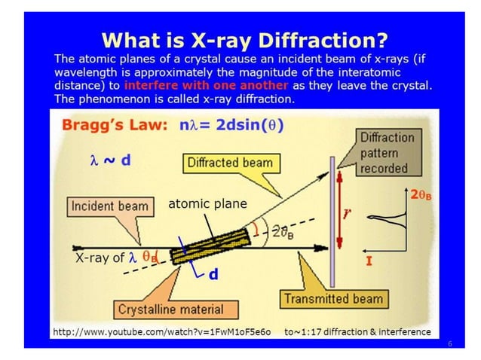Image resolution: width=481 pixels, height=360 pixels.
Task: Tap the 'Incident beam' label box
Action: tap(109, 206)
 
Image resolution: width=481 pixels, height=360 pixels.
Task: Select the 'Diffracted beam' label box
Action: tap(229, 163)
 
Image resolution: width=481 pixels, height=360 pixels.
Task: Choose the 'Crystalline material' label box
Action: tap(170, 309)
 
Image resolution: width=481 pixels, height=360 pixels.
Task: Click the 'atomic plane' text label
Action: tap(207, 203)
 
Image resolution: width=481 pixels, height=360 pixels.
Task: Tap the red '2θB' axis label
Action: tap(422, 194)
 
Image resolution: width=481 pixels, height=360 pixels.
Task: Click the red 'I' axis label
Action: tap(370, 261)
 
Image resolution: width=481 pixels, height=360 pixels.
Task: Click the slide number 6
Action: tap(449, 343)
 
